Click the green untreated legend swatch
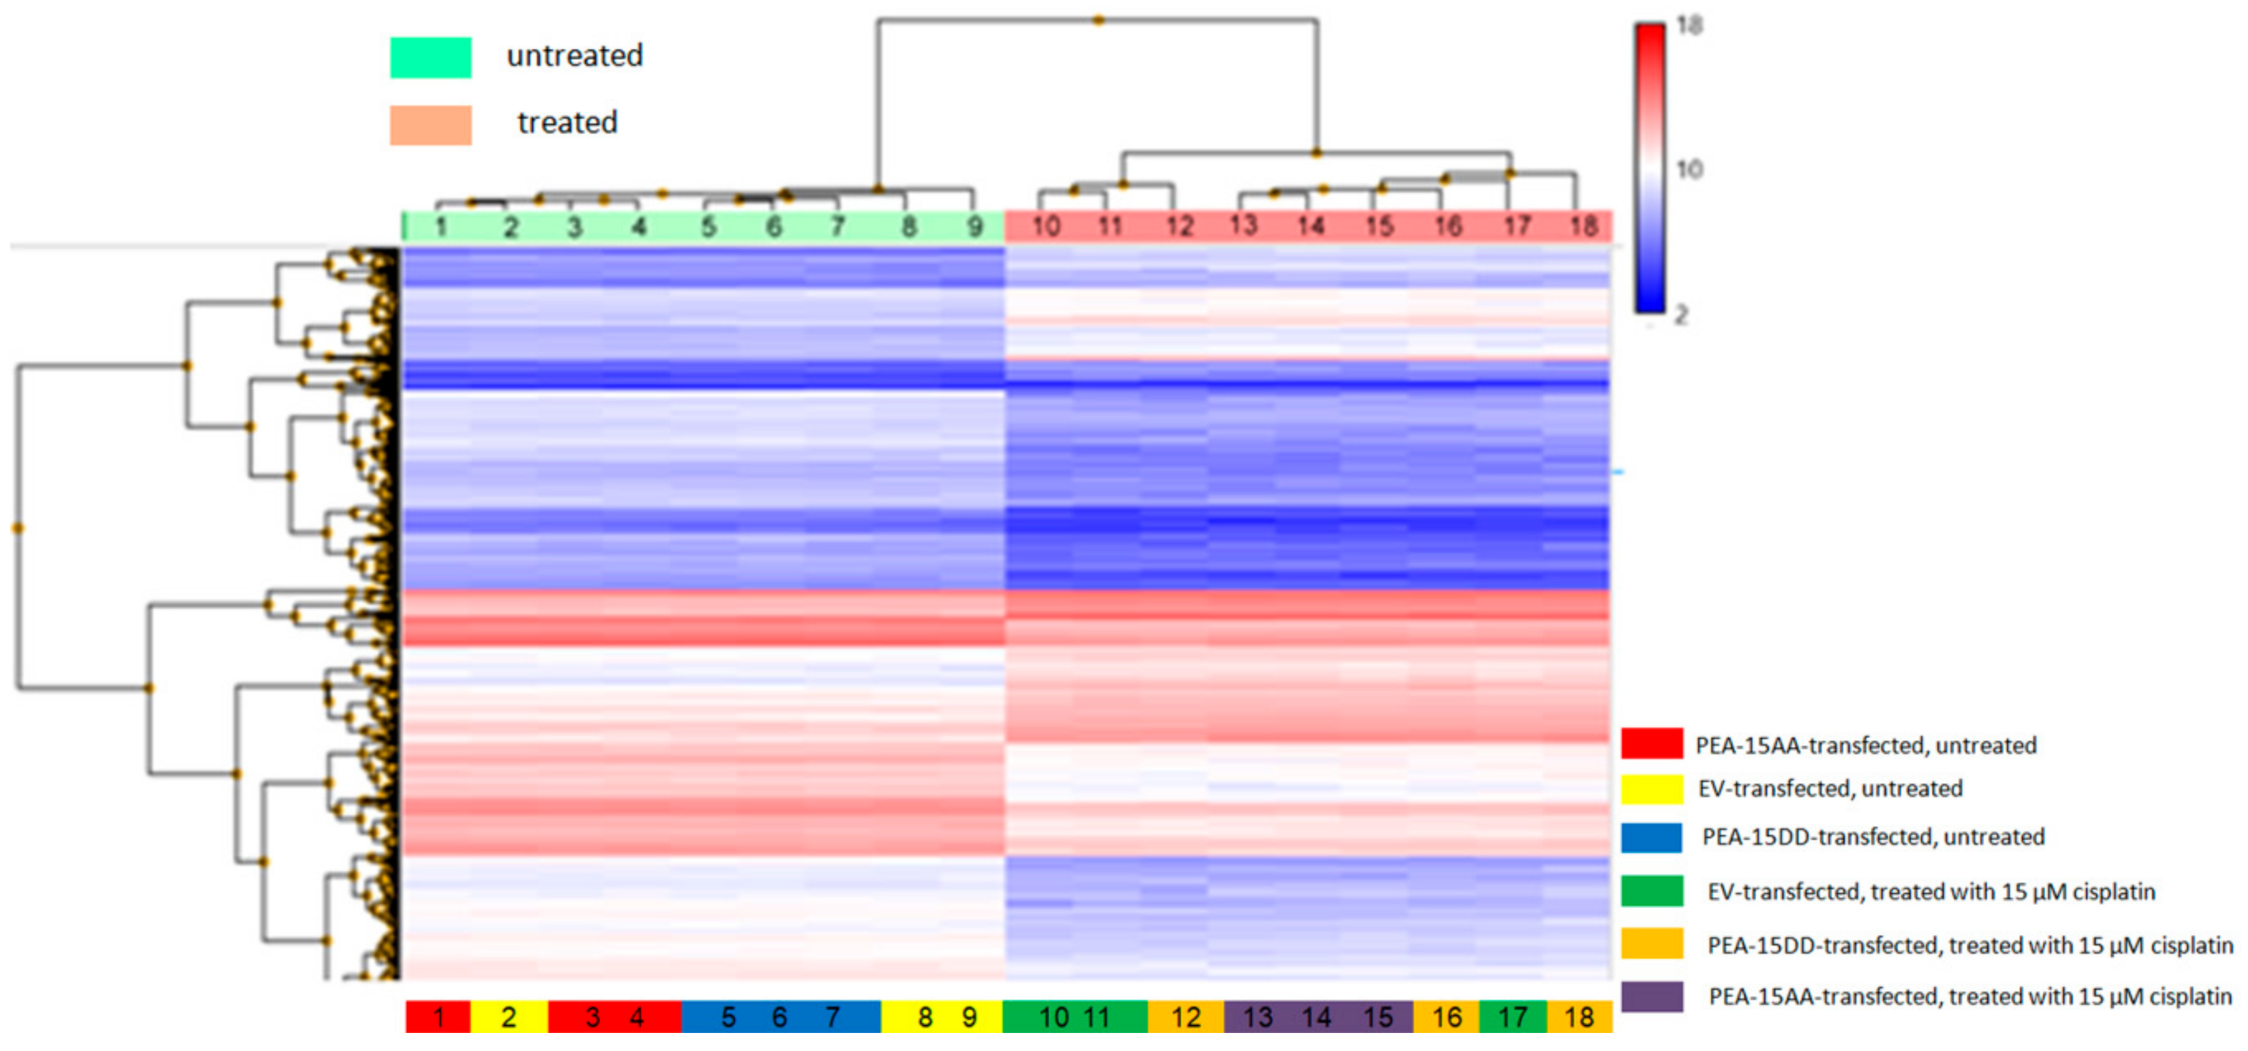pos(430,57)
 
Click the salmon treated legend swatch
pos(430,125)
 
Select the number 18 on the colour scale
pos(1689,26)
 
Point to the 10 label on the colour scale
pos(1689,169)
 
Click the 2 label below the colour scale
pos(1681,314)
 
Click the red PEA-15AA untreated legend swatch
pos(1651,743)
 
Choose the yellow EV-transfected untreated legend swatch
pos(1651,788)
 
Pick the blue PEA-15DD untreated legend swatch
pos(1651,837)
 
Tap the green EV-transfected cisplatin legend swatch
pos(1651,891)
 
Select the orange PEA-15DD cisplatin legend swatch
pos(1651,943)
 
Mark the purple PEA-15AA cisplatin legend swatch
pos(1651,996)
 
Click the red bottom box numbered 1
pos(438,1017)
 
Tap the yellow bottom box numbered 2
pos(509,1017)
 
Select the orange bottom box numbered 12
pos(1185,1017)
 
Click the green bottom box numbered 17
pos(1512,1017)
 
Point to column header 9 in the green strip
pos(975,227)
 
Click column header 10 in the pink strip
pos(1045,227)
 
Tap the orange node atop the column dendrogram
pos(1099,20)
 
